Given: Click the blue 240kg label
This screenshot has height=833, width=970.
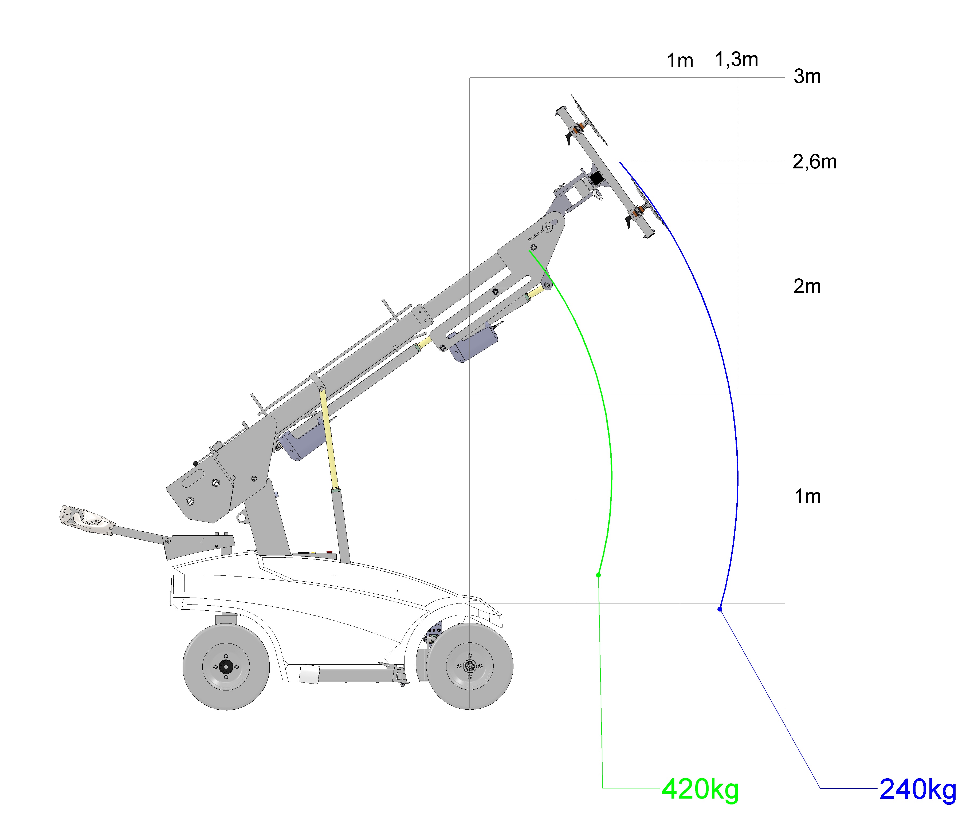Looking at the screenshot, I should pos(918,790).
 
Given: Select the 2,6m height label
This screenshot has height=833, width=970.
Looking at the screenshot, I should pos(815,162).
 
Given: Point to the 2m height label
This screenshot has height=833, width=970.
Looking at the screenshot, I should pos(807,286).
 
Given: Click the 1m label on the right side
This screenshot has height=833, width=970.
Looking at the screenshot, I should pos(808,496).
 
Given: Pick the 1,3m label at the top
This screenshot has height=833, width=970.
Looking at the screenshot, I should pos(736,60).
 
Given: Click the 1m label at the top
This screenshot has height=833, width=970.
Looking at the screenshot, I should pos(680,61).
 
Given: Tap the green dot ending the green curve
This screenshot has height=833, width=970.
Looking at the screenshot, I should pos(598,575).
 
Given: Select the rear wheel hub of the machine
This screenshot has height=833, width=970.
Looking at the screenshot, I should pos(226,667).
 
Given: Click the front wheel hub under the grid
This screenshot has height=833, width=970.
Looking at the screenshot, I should pos(470,666).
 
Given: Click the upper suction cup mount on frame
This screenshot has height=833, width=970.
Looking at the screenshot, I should pos(580,127).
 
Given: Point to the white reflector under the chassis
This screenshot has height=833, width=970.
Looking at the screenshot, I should pos(308,674).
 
